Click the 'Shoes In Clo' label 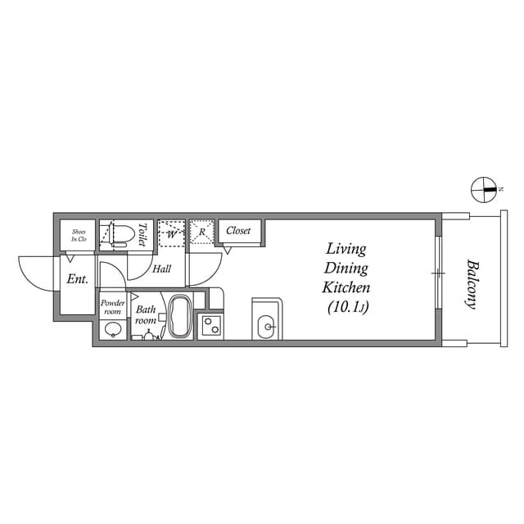tap(79, 235)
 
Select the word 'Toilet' tap(142, 235)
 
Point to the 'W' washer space tap(172, 233)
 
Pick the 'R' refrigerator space tap(201, 233)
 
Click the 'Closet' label tap(238, 231)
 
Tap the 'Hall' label tap(161, 269)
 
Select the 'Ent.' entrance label tap(77, 279)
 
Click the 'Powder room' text tap(112, 308)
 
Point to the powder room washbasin tap(112, 330)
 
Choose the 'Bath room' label tap(146, 315)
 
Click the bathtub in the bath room tap(178, 318)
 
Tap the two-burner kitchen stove tap(210, 327)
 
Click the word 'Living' tap(346, 249)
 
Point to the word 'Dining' tap(346, 269)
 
